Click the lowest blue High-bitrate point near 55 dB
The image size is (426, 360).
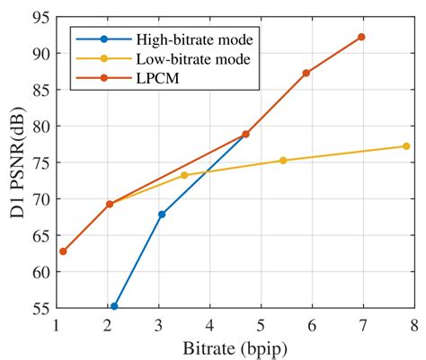coord(114,306)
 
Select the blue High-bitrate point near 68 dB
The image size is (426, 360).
coord(162,214)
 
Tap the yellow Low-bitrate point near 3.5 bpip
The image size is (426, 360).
coord(184,175)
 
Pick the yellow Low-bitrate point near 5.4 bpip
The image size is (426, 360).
coord(283,160)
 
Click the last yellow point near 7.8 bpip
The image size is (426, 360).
coord(406,146)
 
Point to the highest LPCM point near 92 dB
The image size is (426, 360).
coord(361,37)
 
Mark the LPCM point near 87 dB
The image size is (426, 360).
coord(306,73)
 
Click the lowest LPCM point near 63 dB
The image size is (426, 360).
coord(63,251)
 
